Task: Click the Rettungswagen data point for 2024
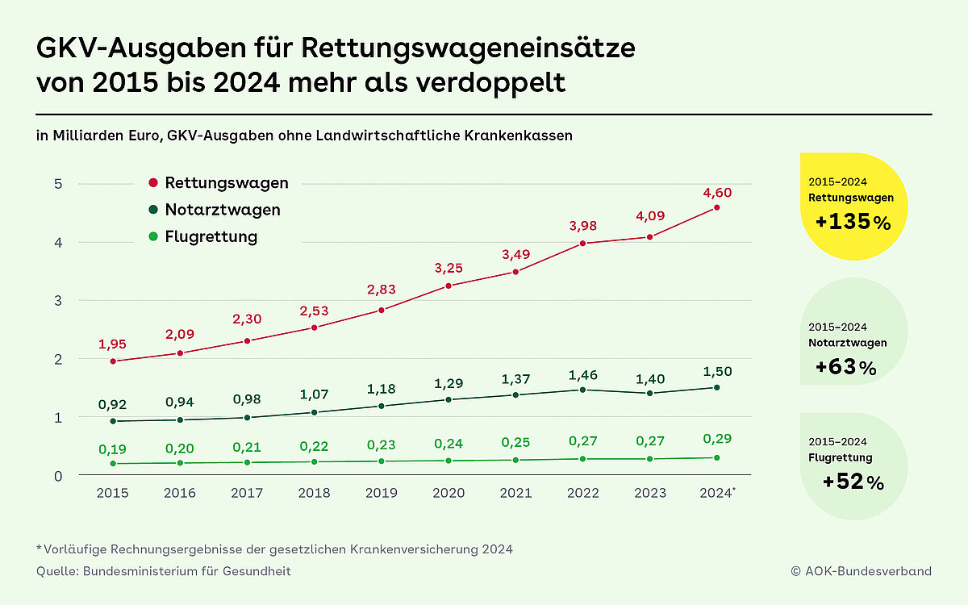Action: pyautogui.click(x=716, y=208)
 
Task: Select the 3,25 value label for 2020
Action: pyautogui.click(x=448, y=269)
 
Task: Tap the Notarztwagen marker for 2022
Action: pyautogui.click(x=582, y=390)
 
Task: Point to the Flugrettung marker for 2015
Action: pyautogui.click(x=113, y=463)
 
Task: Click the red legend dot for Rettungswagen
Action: pyautogui.click(x=153, y=183)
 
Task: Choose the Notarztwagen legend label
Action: pyautogui.click(x=223, y=210)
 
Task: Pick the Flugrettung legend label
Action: pyautogui.click(x=211, y=236)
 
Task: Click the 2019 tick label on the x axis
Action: pyautogui.click(x=381, y=492)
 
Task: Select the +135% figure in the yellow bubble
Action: pyautogui.click(x=853, y=222)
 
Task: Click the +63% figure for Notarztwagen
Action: pyautogui.click(x=846, y=368)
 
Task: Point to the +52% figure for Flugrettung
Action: pyautogui.click(x=853, y=482)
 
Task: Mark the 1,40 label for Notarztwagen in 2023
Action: pyautogui.click(x=649, y=379)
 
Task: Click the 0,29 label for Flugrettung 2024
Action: pyautogui.click(x=716, y=439)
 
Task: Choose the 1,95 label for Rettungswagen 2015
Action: pyautogui.click(x=113, y=344)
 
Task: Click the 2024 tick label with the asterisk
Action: pyautogui.click(x=717, y=492)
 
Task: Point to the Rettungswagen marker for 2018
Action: pyautogui.click(x=314, y=328)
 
